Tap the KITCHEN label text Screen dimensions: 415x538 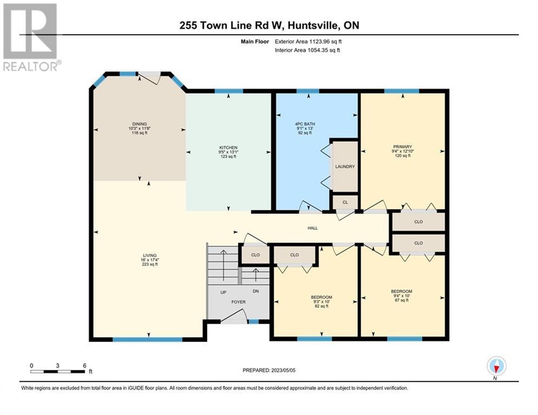pos(228,148)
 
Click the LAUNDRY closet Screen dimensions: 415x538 pos(344,166)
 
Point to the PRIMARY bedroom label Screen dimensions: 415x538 pos(403,147)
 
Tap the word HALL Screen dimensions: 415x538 pos(313,228)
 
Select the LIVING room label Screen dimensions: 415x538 pos(150,255)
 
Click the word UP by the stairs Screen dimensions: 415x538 pos(223,292)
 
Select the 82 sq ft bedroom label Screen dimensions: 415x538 pos(321,297)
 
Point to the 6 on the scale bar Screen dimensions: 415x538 pos(84,365)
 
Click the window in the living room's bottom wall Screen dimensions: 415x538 pos(147,339)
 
